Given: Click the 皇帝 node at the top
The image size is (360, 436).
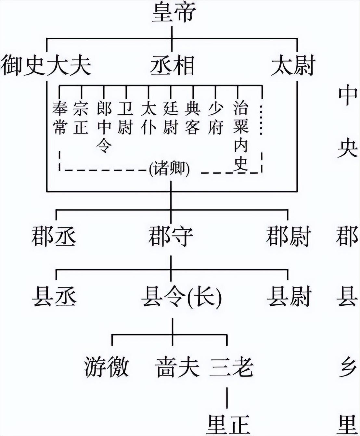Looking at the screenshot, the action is tap(174, 13).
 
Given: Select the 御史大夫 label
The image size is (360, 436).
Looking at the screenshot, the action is tap(46, 65).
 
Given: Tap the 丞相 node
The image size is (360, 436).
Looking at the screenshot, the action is tap(172, 65).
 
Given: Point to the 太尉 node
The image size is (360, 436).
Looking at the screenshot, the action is tap(293, 65).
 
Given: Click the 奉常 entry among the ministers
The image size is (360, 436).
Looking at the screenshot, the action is tap(60, 118).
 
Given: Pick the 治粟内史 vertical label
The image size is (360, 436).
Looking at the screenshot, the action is tap(241, 136).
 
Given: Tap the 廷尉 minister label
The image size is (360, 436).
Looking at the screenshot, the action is tap(171, 118).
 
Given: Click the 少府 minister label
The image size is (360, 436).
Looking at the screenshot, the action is tap(215, 118).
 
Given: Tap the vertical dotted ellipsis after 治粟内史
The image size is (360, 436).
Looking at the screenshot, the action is tap(261, 120).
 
